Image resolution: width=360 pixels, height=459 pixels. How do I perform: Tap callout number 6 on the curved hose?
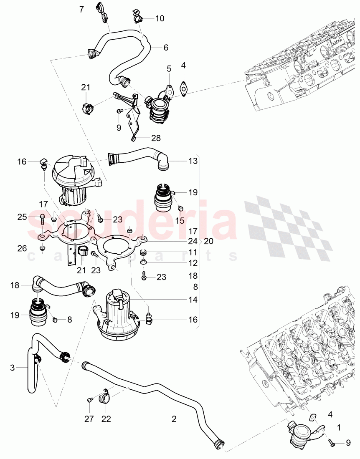pos(166,48)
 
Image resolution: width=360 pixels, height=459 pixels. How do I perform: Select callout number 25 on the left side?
pos(22,217)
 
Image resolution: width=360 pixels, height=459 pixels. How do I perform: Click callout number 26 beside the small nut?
pos(22,248)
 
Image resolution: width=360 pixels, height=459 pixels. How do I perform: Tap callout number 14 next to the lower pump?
pos(193,300)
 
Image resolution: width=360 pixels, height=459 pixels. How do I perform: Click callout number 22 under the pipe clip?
pos(106,419)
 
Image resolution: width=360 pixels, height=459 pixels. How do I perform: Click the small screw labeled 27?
pos(89,400)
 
